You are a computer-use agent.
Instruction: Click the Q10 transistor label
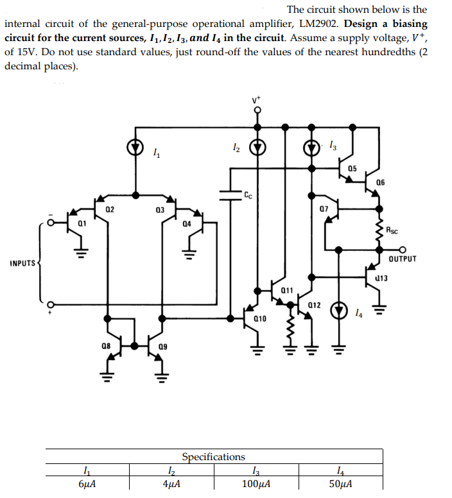(260, 318)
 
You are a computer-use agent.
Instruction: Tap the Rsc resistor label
(392, 229)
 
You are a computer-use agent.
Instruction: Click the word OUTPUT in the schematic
(403, 259)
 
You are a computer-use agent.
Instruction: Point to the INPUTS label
(22, 263)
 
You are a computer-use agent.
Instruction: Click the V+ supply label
(257, 100)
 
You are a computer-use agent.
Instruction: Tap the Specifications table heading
(213, 457)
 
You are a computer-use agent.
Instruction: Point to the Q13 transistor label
(381, 278)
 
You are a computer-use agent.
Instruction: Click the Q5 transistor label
(352, 168)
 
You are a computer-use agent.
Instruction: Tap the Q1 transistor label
(82, 222)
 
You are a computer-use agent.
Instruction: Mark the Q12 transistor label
(314, 304)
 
